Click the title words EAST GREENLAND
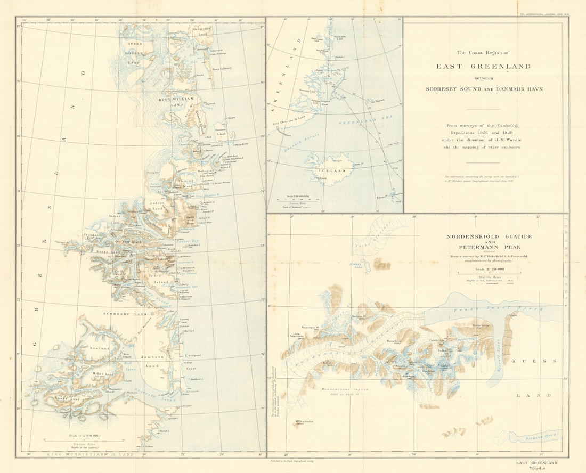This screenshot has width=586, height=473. pos(483,67)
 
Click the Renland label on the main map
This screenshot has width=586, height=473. pos(99,348)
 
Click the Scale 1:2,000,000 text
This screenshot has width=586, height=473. pos(80,436)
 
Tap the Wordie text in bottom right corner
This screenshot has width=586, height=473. pos(540,469)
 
